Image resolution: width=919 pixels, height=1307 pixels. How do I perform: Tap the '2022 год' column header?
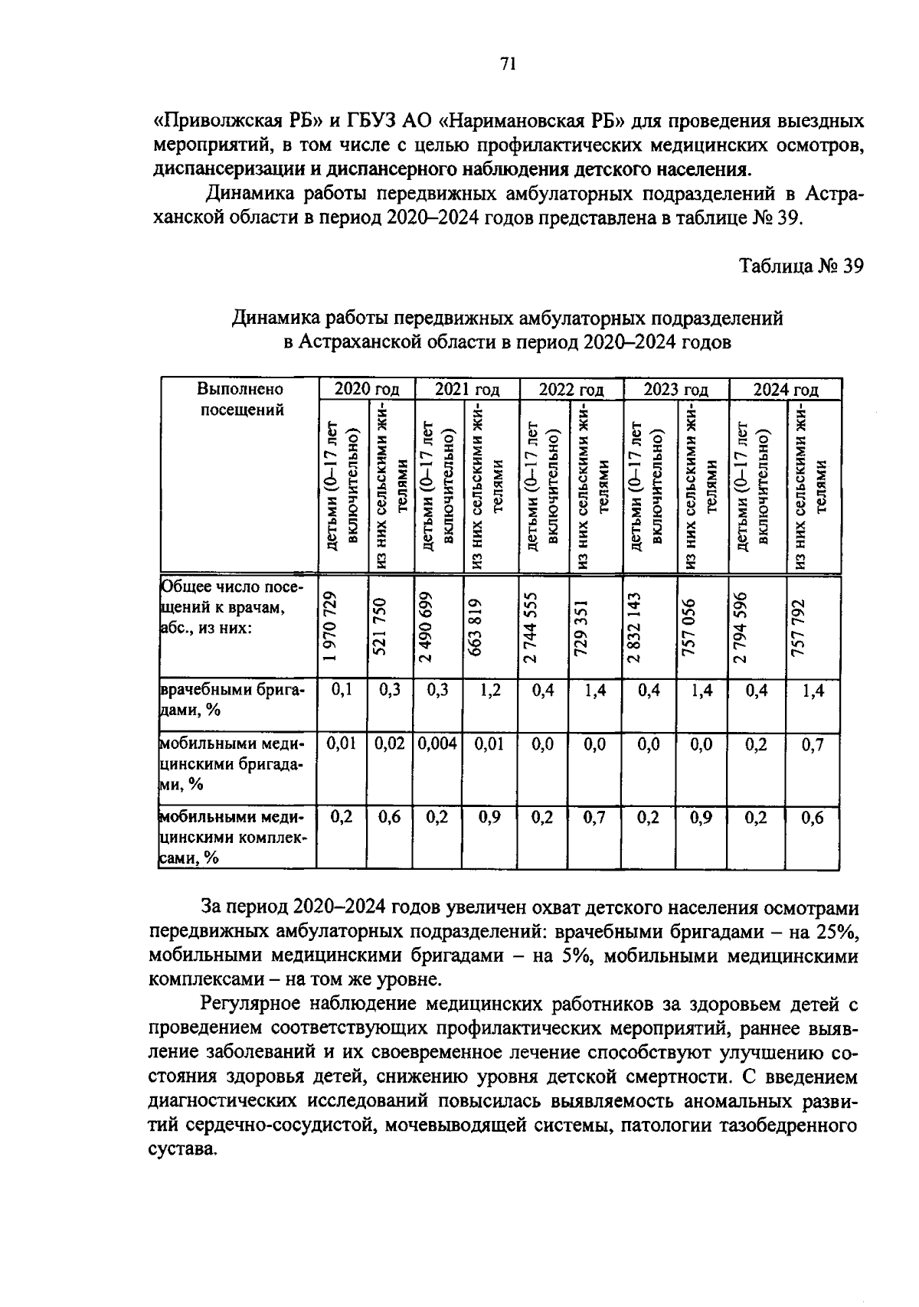pyautogui.click(x=571, y=389)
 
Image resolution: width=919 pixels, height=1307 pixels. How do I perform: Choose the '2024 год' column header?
pyautogui.click(x=785, y=389)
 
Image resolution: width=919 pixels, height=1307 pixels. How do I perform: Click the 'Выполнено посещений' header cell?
pyautogui.click(x=240, y=399)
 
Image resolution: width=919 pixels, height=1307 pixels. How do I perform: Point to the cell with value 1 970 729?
pyautogui.click(x=329, y=624)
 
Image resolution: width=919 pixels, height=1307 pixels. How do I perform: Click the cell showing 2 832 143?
pyautogui.click(x=634, y=624)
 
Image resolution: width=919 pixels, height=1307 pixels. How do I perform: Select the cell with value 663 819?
pyautogui.click(x=475, y=624)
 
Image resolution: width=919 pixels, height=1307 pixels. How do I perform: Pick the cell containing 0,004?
pyautogui.click(x=437, y=744)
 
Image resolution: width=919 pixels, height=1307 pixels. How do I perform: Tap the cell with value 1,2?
pyautogui.click(x=490, y=690)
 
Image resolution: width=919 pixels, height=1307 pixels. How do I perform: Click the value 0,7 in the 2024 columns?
pyautogui.click(x=813, y=744)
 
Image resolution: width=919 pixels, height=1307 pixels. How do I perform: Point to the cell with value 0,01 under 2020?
pyautogui.click(x=341, y=744)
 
